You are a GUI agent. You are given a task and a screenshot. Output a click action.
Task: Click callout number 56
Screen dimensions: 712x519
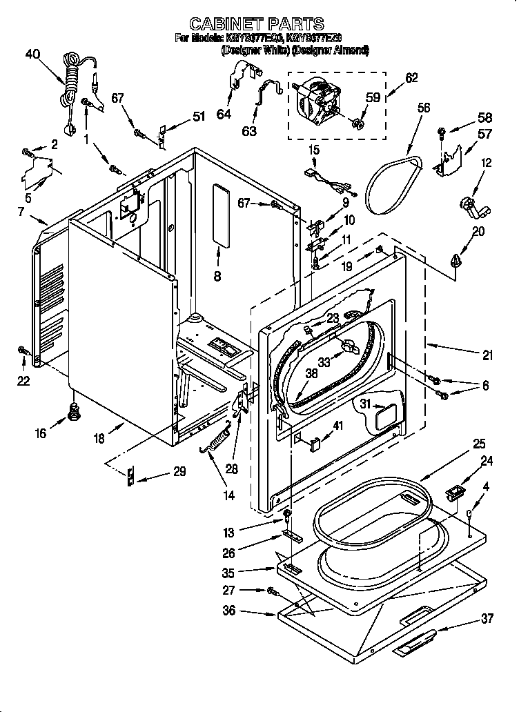(x=423, y=108)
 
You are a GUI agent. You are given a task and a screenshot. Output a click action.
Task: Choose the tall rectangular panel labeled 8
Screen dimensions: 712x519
(x=221, y=214)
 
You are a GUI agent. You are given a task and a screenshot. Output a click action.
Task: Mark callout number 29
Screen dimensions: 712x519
(x=179, y=473)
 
